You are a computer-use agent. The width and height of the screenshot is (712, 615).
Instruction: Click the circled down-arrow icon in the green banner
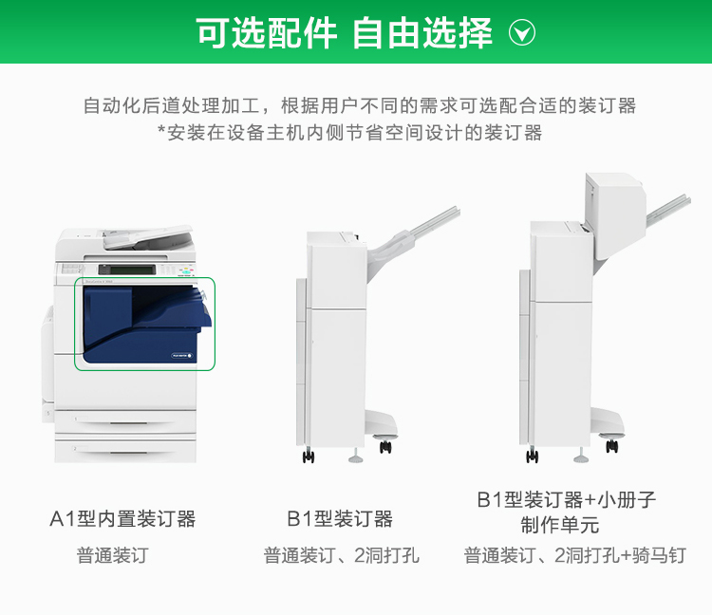click(x=522, y=32)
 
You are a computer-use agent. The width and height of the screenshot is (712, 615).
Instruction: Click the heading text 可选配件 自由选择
click(x=345, y=32)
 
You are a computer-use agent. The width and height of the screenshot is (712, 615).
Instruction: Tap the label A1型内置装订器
click(x=122, y=519)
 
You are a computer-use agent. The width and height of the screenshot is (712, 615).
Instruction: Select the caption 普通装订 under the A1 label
click(x=113, y=555)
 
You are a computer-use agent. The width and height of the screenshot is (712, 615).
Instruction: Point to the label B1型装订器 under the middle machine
click(x=340, y=519)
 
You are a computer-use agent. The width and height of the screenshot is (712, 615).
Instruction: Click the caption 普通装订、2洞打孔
click(x=342, y=555)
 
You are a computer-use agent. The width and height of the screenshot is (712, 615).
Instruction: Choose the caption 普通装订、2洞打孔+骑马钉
click(x=575, y=555)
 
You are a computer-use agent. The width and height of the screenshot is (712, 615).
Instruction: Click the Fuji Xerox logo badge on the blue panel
click(x=181, y=355)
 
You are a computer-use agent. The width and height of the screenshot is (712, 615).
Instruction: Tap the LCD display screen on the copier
click(x=133, y=270)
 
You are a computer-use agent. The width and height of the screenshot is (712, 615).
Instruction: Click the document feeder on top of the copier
click(x=147, y=237)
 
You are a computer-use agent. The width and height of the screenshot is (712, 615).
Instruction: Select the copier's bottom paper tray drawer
click(x=125, y=451)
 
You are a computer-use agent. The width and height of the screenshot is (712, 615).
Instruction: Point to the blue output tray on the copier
click(x=173, y=308)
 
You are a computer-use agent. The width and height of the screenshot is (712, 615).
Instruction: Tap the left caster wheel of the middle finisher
click(x=309, y=456)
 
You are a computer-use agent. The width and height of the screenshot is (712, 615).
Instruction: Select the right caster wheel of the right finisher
click(x=611, y=445)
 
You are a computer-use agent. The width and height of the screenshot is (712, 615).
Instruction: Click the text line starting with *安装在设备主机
click(x=350, y=133)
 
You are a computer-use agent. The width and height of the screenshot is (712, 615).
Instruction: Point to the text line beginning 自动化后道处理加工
click(x=359, y=105)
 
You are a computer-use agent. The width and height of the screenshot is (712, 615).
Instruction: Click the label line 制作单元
click(x=560, y=525)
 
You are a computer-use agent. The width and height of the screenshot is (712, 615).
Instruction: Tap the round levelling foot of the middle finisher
click(x=356, y=457)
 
